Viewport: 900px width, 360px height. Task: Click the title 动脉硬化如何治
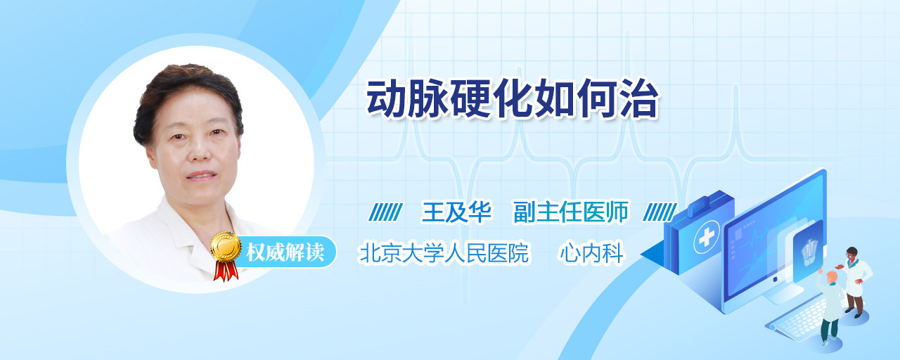(x=512, y=98)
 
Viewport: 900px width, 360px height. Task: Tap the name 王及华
(x=456, y=212)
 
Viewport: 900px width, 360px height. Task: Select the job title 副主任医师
(x=571, y=212)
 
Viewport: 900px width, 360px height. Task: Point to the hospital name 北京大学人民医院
(x=444, y=252)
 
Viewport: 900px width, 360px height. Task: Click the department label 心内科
(x=592, y=252)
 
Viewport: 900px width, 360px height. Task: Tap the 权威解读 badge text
(x=285, y=252)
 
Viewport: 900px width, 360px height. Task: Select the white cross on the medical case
(x=707, y=237)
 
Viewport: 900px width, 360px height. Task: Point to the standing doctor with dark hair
(x=855, y=281)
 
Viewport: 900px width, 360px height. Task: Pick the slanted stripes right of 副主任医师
(x=660, y=212)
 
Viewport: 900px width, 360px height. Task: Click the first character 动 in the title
(x=387, y=98)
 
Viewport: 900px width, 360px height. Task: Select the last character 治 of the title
(x=639, y=98)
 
